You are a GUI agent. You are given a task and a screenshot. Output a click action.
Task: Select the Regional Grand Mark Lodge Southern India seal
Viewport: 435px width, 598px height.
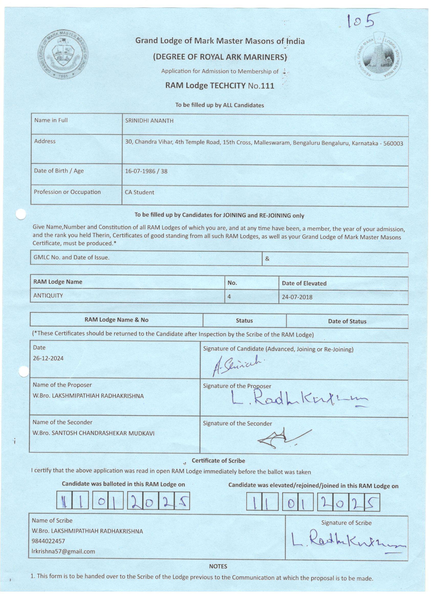click(378, 56)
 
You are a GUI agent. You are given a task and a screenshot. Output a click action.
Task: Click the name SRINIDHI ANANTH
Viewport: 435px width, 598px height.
click(149, 121)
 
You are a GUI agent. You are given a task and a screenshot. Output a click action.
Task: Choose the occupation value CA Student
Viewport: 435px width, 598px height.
click(139, 192)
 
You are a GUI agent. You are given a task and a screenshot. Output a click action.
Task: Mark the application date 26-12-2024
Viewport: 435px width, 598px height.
click(48, 358)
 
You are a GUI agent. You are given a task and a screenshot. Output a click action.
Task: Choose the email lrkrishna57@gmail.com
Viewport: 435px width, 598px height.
click(63, 551)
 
